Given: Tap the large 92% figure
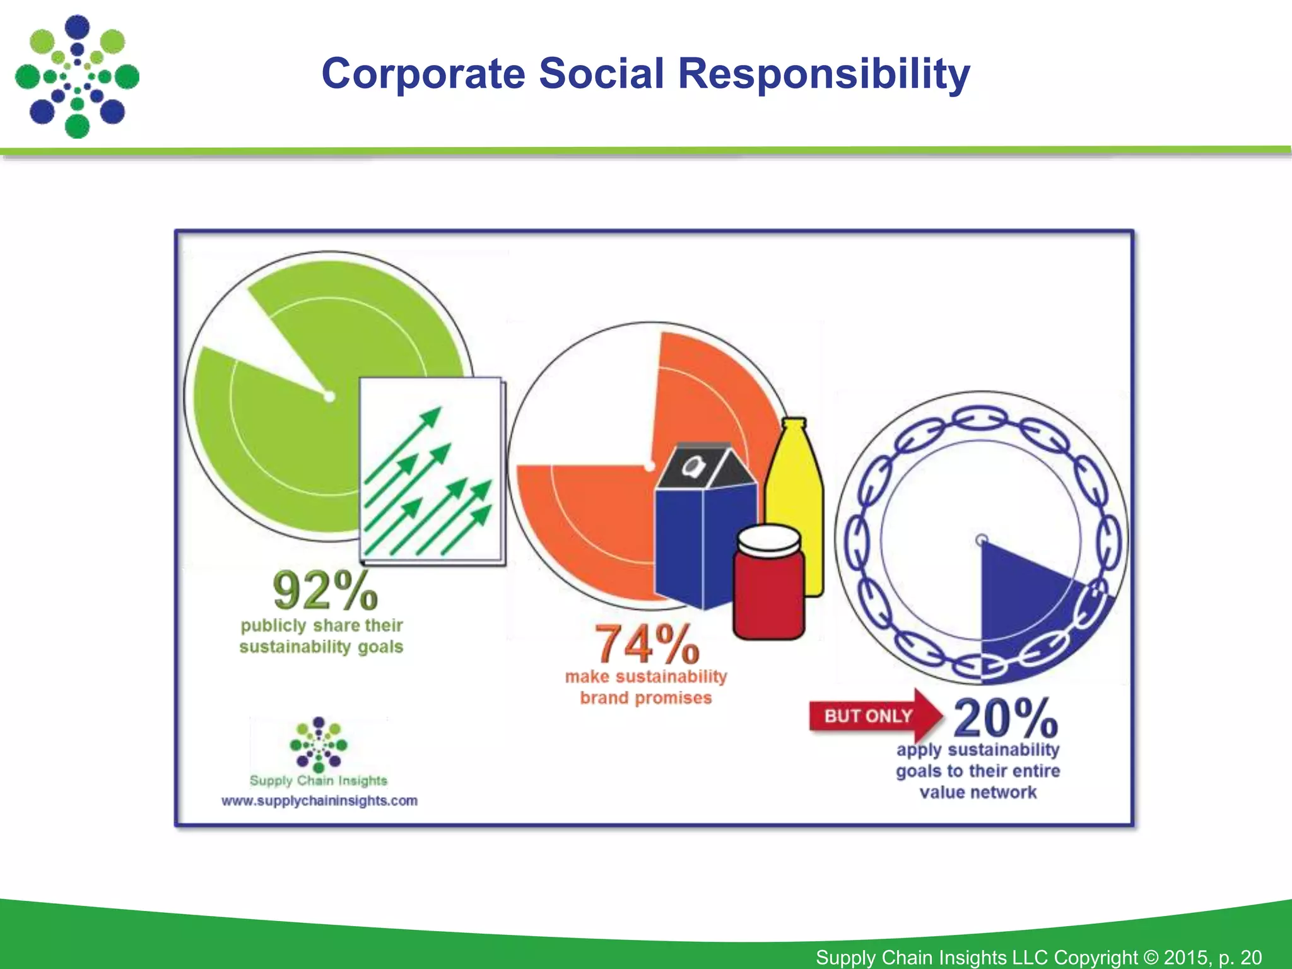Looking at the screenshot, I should [x=325, y=591].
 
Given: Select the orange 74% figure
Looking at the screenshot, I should [x=647, y=643].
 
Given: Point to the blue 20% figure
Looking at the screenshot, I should [x=1005, y=719].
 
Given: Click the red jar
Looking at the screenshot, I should [x=769, y=593].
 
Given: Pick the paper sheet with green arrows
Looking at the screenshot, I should [x=432, y=470].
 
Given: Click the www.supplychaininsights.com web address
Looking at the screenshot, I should [x=319, y=801].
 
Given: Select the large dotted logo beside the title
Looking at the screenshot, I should [x=77, y=76].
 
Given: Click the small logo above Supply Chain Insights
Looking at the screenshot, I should [x=319, y=744].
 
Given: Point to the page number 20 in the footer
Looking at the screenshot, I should [x=1251, y=957].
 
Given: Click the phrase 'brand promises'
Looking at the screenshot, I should [x=646, y=698].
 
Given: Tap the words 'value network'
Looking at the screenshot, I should [x=978, y=792].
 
